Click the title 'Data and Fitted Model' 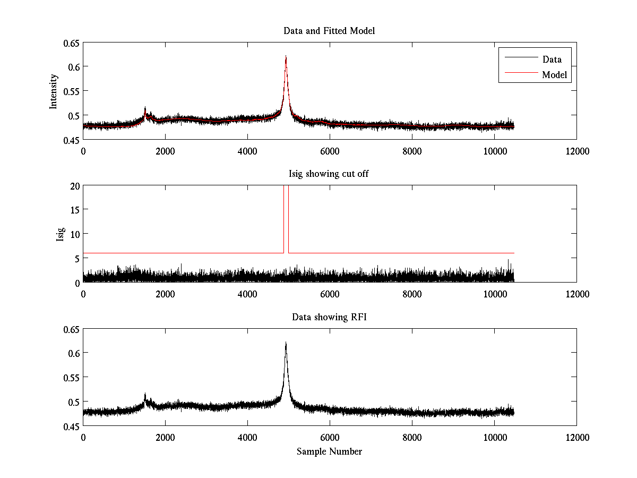click(329, 31)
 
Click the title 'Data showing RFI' click(329, 317)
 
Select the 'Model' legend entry click(554, 75)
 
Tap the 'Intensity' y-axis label click(54, 91)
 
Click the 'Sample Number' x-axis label click(329, 451)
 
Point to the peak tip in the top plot click(286, 56)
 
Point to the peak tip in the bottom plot click(286, 343)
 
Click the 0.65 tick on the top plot click(71, 42)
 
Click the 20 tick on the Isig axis click(74, 185)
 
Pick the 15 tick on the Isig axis click(74, 210)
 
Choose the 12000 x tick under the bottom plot click(576, 437)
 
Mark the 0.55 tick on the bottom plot click(71, 377)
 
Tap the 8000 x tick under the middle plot click(412, 294)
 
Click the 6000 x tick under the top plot click(330, 151)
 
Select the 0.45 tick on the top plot click(71, 140)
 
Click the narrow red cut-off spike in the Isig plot click(286, 218)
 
